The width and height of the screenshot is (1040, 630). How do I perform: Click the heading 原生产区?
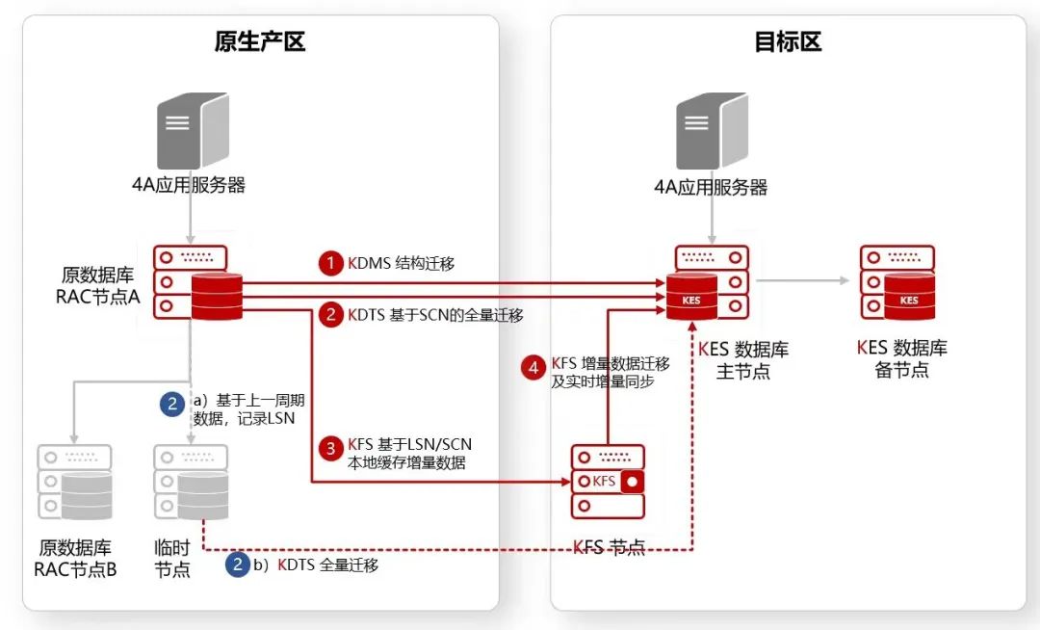[x=260, y=41]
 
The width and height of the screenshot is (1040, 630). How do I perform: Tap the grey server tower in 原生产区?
[x=193, y=131]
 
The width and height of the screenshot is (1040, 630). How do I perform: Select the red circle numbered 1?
[x=331, y=263]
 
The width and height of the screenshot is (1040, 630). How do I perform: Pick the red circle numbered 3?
[x=331, y=448]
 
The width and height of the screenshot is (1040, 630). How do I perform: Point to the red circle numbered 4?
[x=533, y=367]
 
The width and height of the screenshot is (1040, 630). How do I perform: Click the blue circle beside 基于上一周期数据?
[x=172, y=404]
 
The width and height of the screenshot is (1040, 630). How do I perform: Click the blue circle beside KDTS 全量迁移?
[x=237, y=564]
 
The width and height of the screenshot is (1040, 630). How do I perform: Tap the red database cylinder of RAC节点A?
[x=217, y=295]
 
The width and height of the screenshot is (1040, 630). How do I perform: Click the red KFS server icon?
[x=607, y=481]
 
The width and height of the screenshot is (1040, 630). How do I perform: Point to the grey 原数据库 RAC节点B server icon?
[x=74, y=482]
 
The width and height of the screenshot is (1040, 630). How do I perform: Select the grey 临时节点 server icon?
[x=191, y=482]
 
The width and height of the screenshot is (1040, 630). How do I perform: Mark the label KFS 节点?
[x=609, y=547]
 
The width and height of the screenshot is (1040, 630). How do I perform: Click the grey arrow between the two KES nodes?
[x=803, y=281]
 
